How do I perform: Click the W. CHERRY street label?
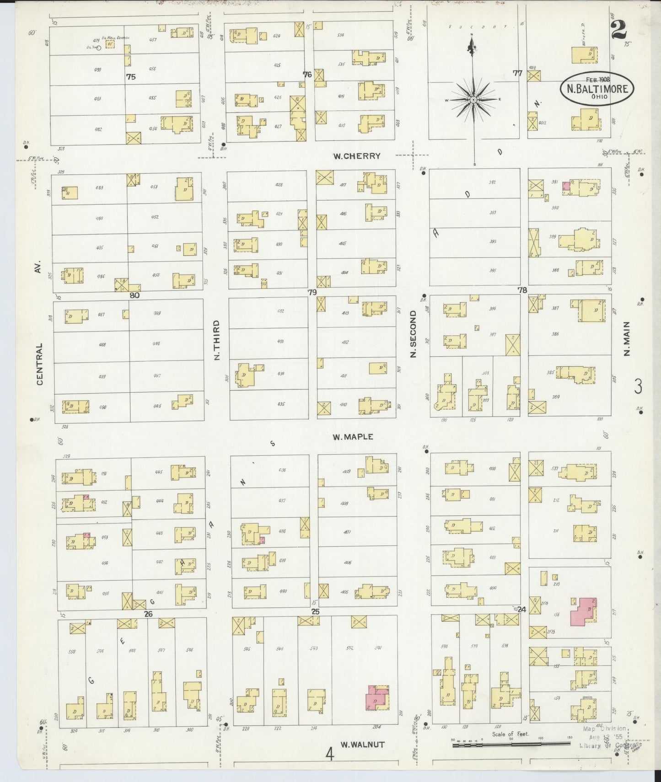pyautogui.click(x=357, y=156)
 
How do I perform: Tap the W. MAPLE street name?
pyautogui.click(x=353, y=437)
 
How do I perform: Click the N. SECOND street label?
pyautogui.click(x=413, y=334)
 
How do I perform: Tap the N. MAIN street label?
pyautogui.click(x=627, y=339)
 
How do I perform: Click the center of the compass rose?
pyautogui.click(x=473, y=99)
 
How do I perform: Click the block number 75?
pyautogui.click(x=131, y=77)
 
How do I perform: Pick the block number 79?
pyautogui.click(x=312, y=292)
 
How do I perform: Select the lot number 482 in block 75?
pyautogui.click(x=98, y=129)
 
